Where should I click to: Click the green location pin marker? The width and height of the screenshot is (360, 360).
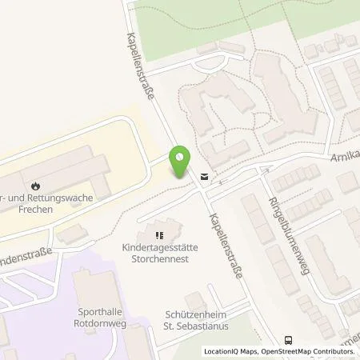[x=181, y=162]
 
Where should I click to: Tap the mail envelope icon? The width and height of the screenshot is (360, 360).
[x=205, y=177]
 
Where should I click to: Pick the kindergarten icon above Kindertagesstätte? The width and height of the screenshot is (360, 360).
[x=159, y=235]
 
